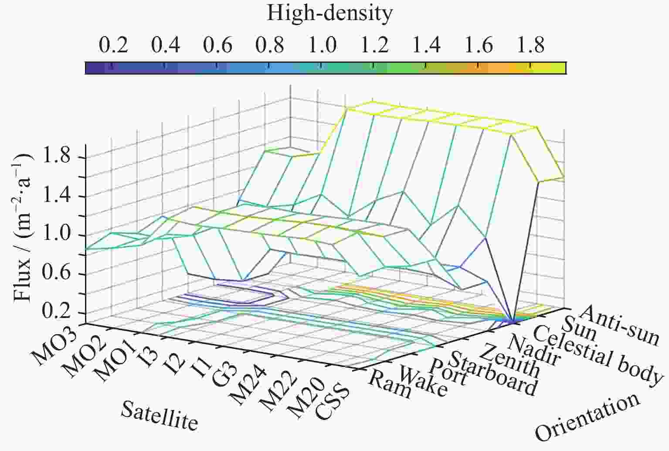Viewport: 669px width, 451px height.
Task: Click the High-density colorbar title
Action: (329, 14)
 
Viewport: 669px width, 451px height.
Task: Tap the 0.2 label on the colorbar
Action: (113, 45)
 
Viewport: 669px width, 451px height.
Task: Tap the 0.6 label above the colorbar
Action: (217, 45)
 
